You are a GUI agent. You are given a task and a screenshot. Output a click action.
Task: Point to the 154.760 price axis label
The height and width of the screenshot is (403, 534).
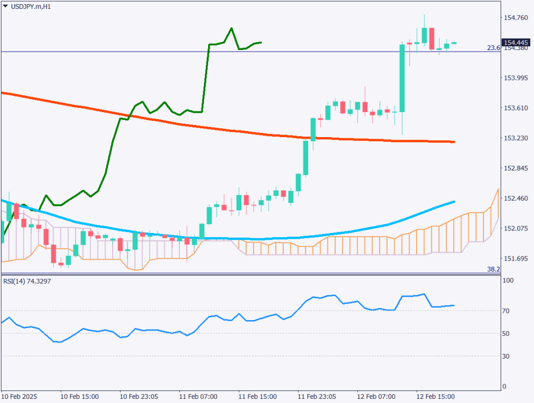515,18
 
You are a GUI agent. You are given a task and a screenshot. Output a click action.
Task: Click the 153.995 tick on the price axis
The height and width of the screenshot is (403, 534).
515,78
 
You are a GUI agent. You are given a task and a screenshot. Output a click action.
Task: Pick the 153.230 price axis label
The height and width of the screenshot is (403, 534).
515,138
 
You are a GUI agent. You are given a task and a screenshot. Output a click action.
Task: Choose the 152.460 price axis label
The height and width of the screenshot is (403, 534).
515,199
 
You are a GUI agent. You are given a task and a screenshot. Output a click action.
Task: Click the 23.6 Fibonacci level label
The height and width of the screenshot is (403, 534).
493,48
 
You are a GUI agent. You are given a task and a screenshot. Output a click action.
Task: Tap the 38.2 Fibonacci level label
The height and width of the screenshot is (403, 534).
493,270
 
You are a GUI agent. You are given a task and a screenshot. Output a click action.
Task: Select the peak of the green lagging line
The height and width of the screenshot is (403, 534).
231,28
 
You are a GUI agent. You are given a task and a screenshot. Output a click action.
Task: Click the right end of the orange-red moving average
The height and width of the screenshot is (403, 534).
454,142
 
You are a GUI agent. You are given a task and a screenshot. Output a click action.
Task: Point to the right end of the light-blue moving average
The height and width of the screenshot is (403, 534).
454,201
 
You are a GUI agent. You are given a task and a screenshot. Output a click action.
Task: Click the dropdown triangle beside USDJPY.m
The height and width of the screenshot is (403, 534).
5,6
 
